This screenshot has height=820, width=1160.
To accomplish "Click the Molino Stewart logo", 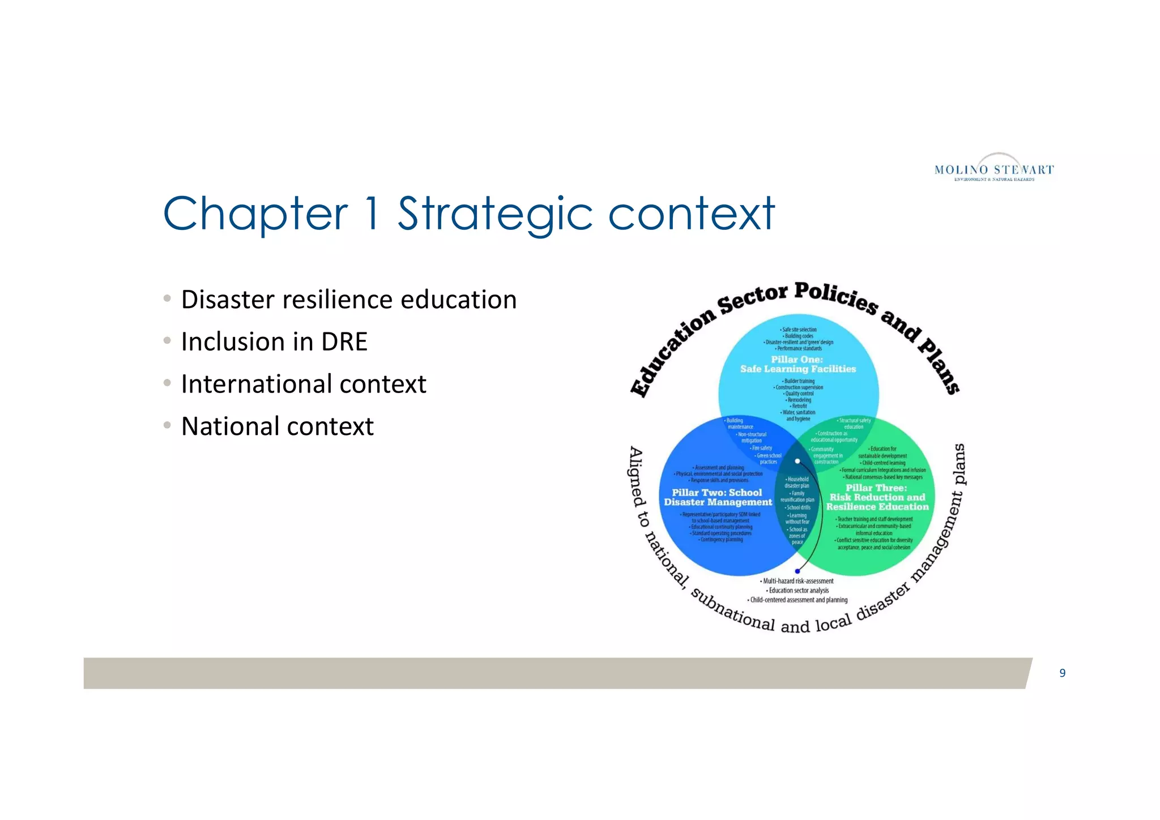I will pos(994,168).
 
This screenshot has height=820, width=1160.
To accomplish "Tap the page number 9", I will pos(1063,673).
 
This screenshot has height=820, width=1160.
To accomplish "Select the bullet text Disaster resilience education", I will pos(348,300).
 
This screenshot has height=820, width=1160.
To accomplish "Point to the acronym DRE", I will pos(344,342).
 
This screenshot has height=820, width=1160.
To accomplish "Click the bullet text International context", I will pos(304,384).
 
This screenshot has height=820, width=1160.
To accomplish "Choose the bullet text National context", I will pos(277,426).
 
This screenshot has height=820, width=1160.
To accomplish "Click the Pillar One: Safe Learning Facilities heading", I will pos(797,364).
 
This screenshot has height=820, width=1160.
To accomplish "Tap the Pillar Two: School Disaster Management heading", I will pos(717,497).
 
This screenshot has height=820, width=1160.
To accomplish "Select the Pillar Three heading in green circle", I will pos(877,497).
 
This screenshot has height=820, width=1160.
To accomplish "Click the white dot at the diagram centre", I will pos(797,461).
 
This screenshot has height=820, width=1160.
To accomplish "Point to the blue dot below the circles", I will pos(797,571).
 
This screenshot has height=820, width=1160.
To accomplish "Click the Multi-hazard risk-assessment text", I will pos(797,581).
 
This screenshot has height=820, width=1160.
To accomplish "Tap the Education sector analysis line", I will pos(797,590).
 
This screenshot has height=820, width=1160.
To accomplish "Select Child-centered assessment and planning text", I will pos(797,600).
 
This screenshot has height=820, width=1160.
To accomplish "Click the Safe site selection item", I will pos(799,330).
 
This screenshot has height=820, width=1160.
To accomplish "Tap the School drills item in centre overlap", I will pos(797,507).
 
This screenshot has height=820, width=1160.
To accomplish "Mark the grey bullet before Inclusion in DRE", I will pos(167,341).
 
